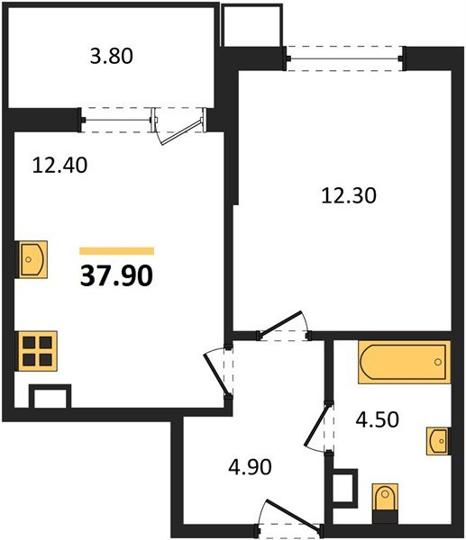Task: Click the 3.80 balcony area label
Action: [112, 57]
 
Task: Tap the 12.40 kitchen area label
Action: [55, 166]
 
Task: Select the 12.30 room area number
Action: [346, 193]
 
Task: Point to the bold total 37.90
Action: [117, 275]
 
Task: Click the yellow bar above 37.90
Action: [116, 251]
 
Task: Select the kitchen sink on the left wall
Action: [33, 260]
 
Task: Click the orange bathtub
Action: [403, 363]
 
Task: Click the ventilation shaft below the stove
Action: [50, 398]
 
